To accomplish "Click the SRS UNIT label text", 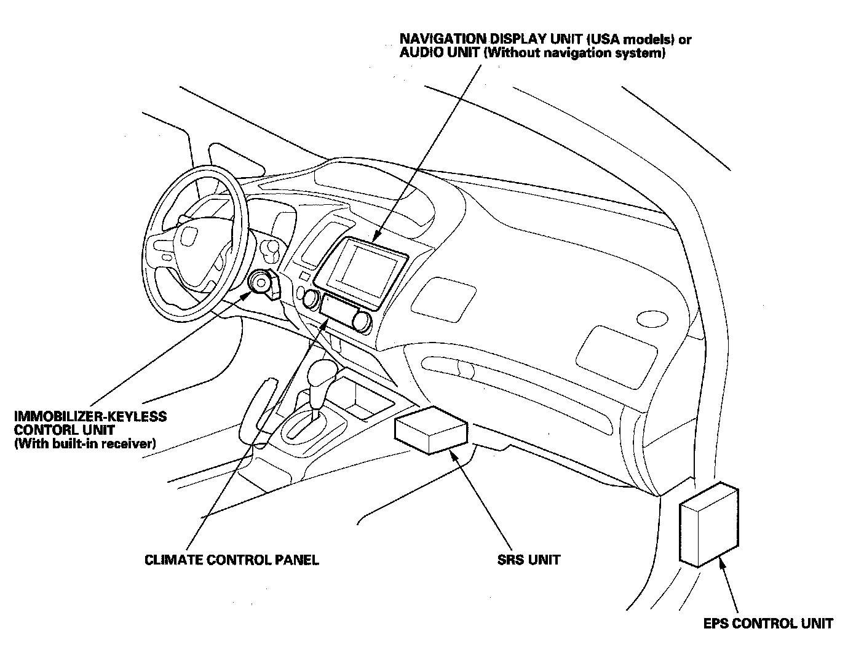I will coord(528,560).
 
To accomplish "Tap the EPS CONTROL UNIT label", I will coord(768,624).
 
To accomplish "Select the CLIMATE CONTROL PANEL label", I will coord(232,560).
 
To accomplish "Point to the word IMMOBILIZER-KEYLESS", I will coord(90,416).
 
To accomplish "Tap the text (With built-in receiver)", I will coord(84,443).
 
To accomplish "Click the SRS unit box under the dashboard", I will coord(432,430).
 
